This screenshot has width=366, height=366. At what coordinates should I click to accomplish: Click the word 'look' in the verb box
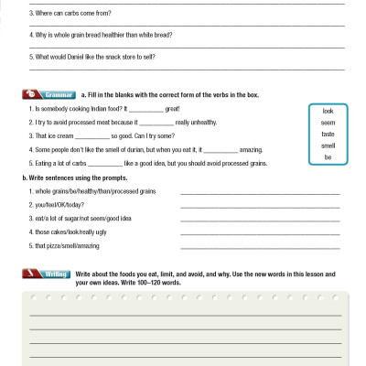(328, 111)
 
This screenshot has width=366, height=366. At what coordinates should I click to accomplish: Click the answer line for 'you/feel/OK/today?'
(260, 207)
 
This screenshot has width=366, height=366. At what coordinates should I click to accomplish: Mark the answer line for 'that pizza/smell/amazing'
(260, 247)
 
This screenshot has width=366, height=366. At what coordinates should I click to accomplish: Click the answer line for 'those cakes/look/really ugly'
(260, 234)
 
